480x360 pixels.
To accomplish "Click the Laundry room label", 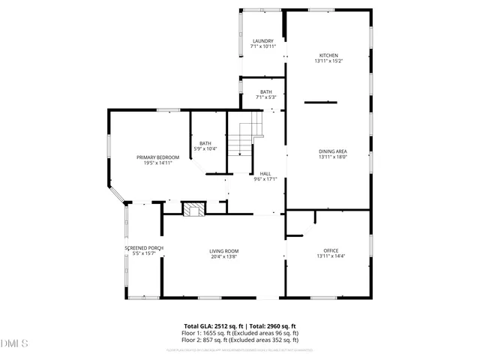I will tap(262, 40).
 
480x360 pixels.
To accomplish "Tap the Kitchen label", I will tap(329, 55).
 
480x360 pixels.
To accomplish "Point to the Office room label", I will tap(331, 250).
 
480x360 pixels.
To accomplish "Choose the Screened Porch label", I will tap(144, 247).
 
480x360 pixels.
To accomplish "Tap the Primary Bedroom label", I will tap(157, 157).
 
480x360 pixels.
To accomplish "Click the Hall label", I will tap(265, 173).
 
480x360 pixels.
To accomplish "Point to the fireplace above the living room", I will tap(196, 209).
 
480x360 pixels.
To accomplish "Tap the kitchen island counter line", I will tap(320, 102).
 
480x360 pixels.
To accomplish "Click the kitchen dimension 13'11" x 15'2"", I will tap(329, 61).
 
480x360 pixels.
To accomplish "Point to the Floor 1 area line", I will tap(240, 332).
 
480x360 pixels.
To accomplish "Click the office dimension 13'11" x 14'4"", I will tap(331, 256).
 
